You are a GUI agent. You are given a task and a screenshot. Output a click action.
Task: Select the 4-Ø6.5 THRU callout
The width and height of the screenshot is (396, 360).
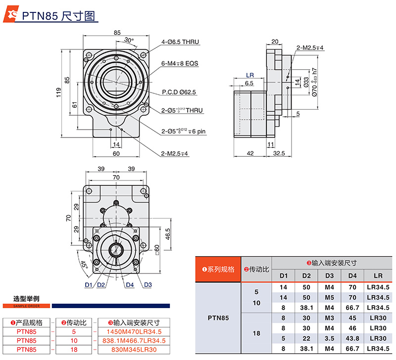coord(180,42)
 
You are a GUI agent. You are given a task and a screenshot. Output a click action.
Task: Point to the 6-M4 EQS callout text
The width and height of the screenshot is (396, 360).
coord(180,64)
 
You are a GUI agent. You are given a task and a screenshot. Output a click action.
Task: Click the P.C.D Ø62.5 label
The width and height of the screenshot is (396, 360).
coord(179,92)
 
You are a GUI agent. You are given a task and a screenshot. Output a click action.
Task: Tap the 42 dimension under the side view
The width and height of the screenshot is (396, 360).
coord(250,153)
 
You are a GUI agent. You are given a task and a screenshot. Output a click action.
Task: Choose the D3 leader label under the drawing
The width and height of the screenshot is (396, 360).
coord(148,285)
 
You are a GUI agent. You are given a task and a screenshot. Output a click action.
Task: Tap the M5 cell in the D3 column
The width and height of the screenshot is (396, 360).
coord(329,298)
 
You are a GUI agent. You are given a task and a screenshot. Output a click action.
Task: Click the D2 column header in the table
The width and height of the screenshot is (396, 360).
coord(306,275)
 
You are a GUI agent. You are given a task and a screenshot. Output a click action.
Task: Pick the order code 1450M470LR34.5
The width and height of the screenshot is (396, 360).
coord(132,331)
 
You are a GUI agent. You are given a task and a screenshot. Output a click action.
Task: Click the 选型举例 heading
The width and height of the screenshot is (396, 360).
coord(27,299)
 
